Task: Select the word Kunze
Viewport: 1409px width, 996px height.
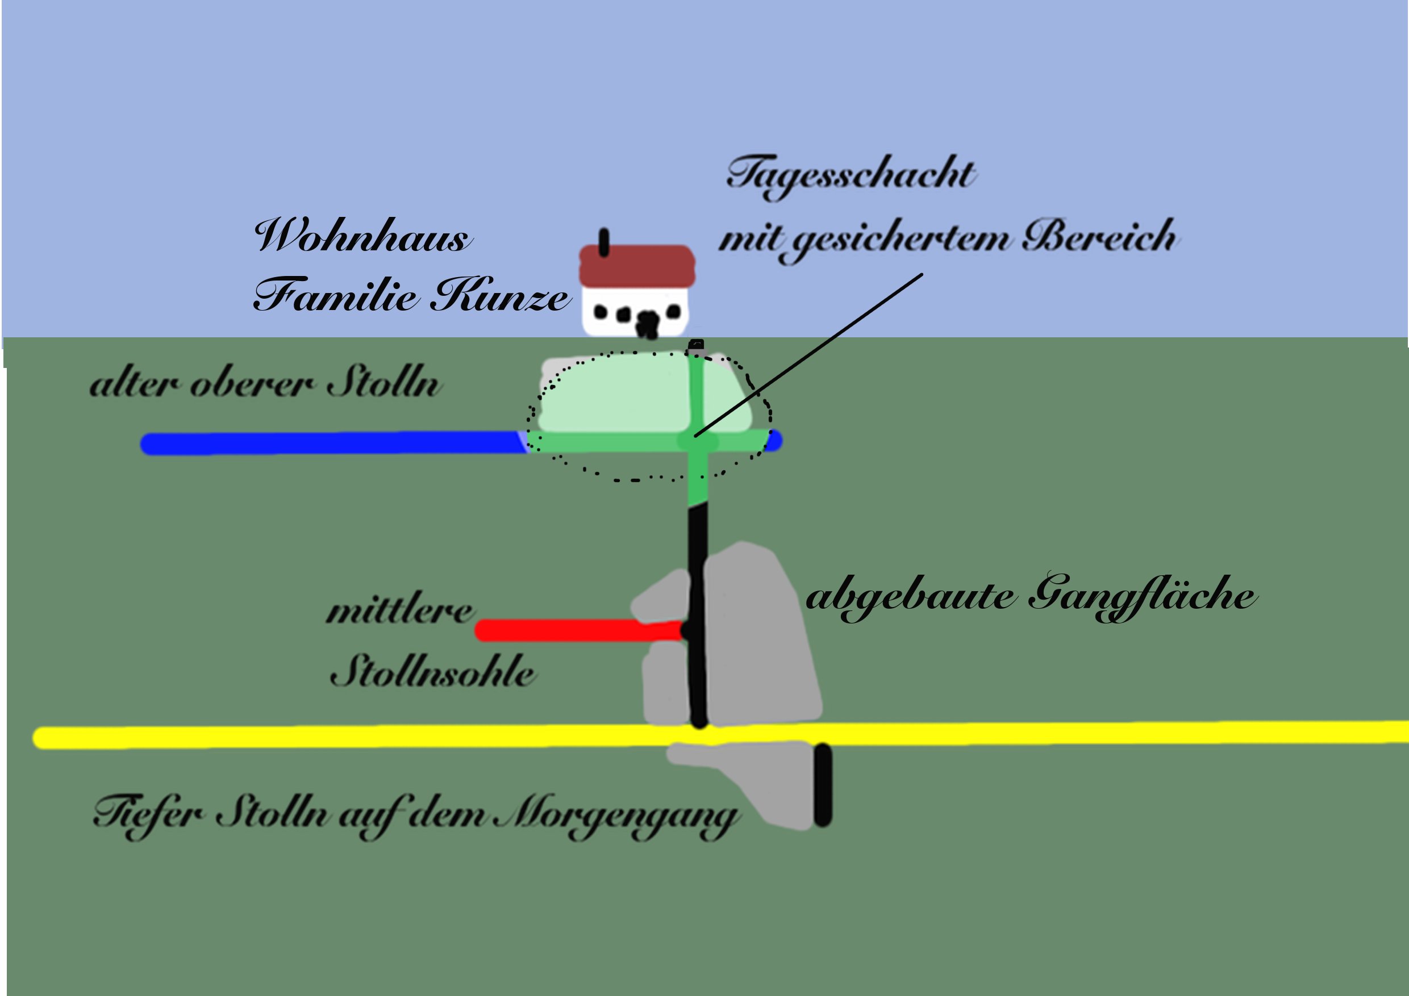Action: click(500, 296)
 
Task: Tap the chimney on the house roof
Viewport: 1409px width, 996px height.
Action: click(605, 242)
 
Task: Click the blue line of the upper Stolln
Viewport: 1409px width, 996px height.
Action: click(331, 443)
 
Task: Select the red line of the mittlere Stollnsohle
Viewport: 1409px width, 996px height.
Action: click(577, 630)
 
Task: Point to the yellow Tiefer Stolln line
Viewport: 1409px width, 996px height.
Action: click(368, 737)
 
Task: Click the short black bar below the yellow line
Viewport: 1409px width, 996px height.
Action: click(823, 785)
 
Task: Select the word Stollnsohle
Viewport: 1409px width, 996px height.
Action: click(432, 672)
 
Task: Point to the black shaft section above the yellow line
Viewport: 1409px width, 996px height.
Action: click(698, 613)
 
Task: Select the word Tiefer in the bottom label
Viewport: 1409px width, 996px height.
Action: click(147, 814)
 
